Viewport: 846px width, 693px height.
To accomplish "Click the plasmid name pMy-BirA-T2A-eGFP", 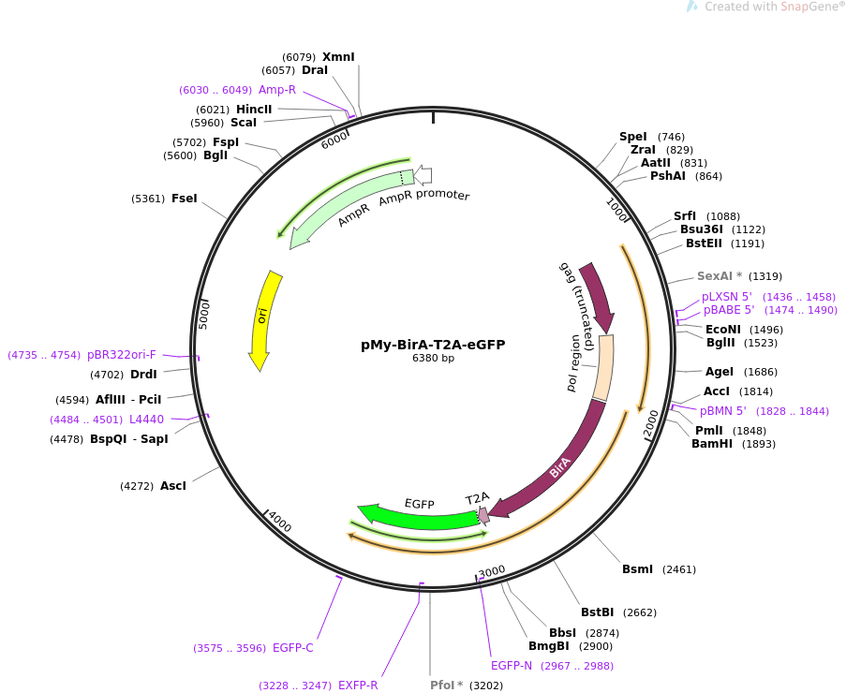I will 433,345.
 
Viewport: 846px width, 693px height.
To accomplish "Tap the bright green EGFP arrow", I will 422,518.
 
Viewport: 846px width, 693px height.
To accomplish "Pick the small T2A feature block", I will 483,514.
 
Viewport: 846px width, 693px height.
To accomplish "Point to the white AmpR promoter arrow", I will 423,174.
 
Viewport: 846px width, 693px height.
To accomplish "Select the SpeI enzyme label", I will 632,137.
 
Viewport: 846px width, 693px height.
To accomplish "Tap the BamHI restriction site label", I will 712,444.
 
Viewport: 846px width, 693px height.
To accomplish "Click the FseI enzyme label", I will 184,199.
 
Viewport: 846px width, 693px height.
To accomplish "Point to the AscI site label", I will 173,486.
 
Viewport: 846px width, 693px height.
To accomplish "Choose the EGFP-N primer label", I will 512,666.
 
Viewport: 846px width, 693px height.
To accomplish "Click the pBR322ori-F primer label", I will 121,355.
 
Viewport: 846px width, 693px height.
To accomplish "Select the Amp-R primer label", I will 277,90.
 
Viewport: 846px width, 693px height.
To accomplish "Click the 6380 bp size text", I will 433,359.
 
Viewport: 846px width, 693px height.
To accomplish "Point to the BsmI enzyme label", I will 637,569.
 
